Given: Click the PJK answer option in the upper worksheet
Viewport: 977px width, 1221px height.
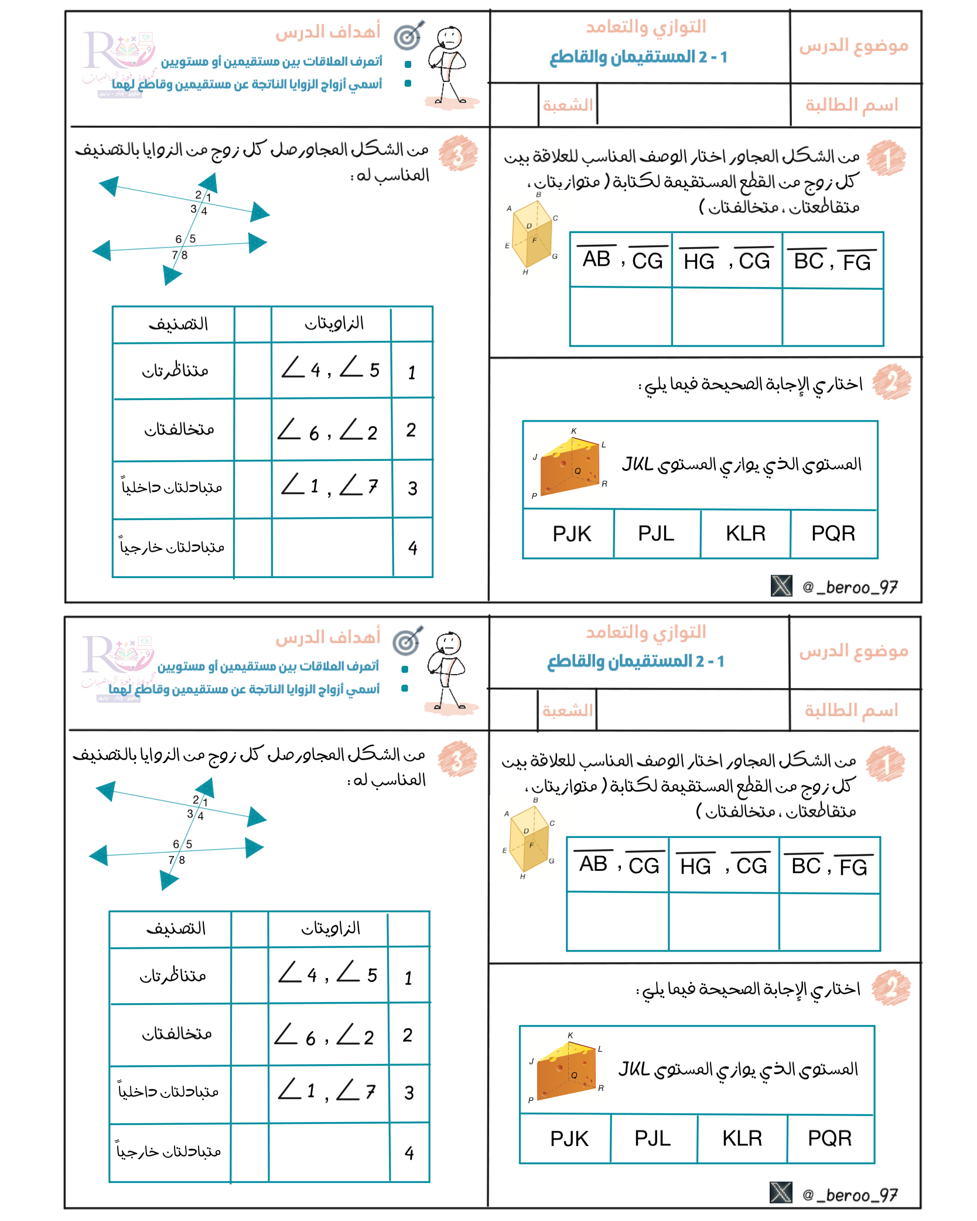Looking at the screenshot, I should coord(572,534).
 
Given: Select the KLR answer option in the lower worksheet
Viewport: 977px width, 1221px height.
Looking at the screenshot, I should coord(742,1138).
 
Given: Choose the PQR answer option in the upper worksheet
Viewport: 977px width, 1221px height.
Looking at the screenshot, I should coord(833,533).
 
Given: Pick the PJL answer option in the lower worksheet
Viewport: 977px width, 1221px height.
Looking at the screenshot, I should coord(653,1138).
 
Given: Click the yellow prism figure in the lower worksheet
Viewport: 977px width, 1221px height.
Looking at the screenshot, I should coord(529,839).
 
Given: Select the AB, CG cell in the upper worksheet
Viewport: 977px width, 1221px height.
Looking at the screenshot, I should coord(622,259).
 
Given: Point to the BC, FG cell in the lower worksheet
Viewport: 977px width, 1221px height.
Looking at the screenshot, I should coord(829,866).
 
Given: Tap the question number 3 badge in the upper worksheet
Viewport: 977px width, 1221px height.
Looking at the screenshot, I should coord(458,153).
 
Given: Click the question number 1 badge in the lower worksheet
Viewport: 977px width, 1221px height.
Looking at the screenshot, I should coord(886,763).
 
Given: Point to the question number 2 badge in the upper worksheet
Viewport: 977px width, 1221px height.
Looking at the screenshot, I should coord(891,382).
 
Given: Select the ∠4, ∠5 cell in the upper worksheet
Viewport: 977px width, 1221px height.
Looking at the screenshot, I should coord(330,370).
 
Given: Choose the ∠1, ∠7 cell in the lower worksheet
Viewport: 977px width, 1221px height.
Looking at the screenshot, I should coord(327,1091).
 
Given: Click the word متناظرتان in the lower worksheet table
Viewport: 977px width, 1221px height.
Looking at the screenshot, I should coord(173,976).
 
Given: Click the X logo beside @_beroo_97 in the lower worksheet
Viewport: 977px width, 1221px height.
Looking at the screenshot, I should coord(781,1192).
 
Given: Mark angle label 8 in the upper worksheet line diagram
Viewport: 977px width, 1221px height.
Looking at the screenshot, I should coord(185,255).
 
